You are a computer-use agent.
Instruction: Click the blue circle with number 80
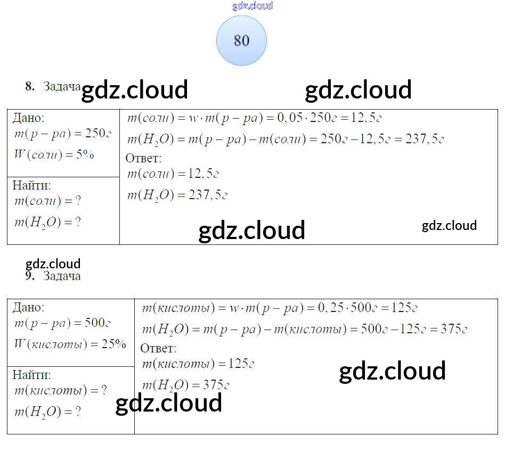pyautogui.click(x=241, y=40)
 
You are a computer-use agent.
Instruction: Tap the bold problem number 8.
pyautogui.click(x=30, y=86)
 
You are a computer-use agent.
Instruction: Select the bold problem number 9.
pyautogui.click(x=30, y=276)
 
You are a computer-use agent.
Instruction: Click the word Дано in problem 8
pyautogui.click(x=28, y=118)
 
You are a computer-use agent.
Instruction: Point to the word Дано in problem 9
pyautogui.click(x=28, y=307)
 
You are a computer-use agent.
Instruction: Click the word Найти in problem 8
pyautogui.click(x=31, y=185)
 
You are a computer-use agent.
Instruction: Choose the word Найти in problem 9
pyautogui.click(x=31, y=375)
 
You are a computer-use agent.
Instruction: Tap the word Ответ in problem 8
pyautogui.click(x=143, y=158)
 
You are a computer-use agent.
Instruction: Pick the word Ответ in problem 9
pyautogui.click(x=158, y=348)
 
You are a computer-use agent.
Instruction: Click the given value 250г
pyautogui.click(x=98, y=134)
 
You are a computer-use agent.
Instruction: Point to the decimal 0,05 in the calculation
pyautogui.click(x=288, y=118)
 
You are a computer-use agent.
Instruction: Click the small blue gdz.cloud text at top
pyautogui.click(x=252, y=6)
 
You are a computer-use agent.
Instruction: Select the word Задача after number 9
pyautogui.click(x=62, y=276)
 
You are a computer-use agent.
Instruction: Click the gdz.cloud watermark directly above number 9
pyautogui.click(x=53, y=264)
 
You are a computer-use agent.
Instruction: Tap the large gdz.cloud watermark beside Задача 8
pyautogui.click(x=134, y=90)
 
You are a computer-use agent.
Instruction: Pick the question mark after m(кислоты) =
pyautogui.click(x=103, y=391)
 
